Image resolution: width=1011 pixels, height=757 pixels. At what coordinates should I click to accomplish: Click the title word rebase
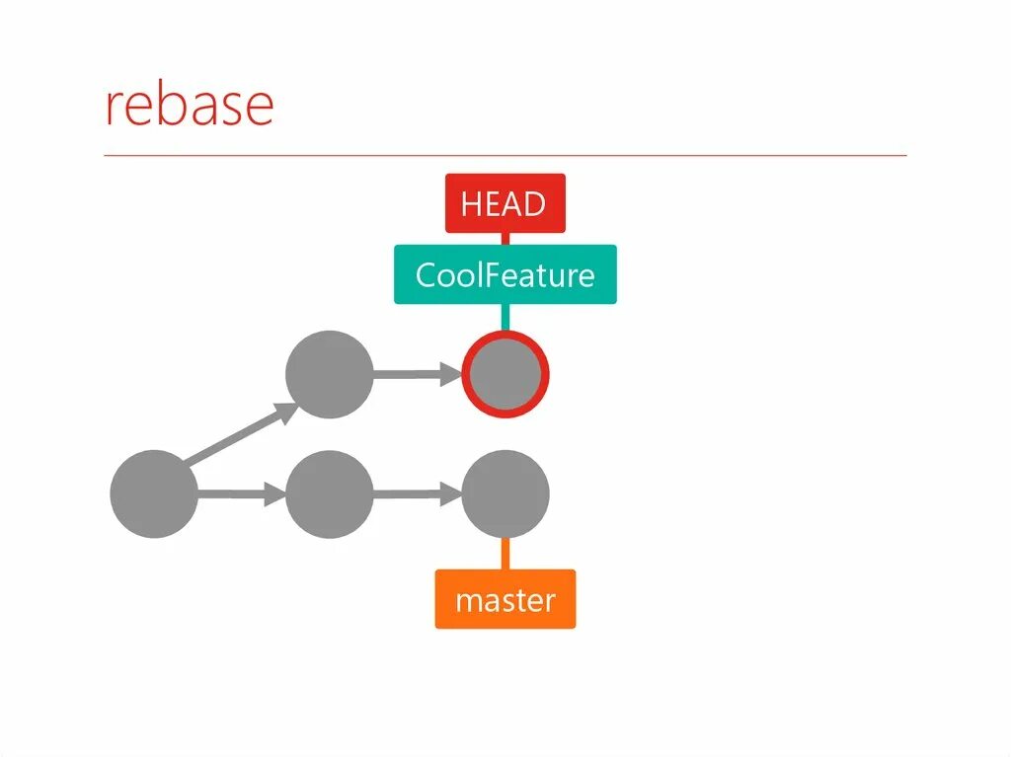[x=189, y=106]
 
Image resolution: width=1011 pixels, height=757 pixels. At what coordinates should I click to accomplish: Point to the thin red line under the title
[x=505, y=156]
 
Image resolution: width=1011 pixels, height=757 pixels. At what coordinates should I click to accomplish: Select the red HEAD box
[x=505, y=203]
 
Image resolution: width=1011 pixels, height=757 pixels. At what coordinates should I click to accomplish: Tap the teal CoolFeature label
[x=505, y=274]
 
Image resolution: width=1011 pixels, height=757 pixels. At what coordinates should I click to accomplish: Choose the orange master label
[x=505, y=599]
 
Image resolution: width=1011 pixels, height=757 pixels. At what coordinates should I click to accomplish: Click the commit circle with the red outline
[x=505, y=375]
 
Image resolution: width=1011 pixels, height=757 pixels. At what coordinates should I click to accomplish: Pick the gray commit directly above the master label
[x=505, y=493]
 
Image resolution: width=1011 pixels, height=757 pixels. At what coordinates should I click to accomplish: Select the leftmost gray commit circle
[x=153, y=493]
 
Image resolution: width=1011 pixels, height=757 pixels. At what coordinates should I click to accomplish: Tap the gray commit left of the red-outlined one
[x=329, y=375]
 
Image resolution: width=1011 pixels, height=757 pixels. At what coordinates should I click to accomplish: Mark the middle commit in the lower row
[x=329, y=493]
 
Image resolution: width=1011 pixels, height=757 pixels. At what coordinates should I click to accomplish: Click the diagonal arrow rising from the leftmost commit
[x=237, y=436]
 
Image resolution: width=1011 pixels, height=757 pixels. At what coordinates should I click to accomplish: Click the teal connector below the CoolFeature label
[x=505, y=317]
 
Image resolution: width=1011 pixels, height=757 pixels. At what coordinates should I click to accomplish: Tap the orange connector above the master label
[x=505, y=554]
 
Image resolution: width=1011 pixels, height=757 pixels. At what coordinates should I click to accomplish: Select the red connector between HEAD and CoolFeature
[x=505, y=239]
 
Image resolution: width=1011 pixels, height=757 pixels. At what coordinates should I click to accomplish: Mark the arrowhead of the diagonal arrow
[x=285, y=412]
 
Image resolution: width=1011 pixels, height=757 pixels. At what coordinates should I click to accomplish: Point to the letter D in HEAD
[x=533, y=204]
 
